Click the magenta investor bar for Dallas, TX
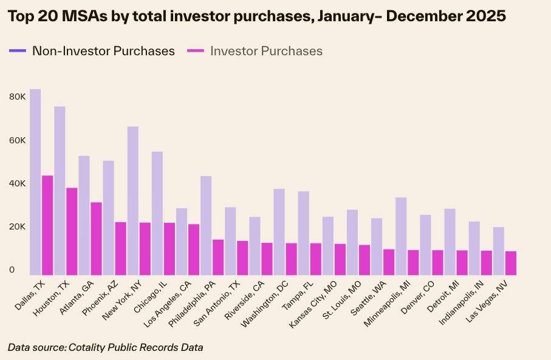tap(47, 225)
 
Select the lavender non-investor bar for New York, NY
tap(133, 200)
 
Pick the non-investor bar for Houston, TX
tap(60, 191)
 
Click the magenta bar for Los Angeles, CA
tap(194, 250)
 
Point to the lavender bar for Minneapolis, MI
tap(401, 236)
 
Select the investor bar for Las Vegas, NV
tap(511, 263)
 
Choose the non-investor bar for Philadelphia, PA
tap(206, 225)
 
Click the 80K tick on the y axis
tap(17, 97)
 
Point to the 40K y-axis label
tap(17, 183)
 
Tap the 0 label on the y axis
tap(12, 270)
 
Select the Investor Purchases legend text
tap(266, 51)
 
